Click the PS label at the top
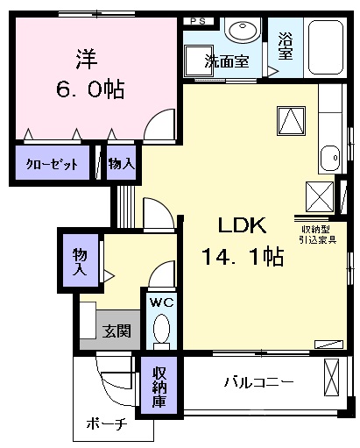[x=198, y=21]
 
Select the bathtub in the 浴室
[x=325, y=47]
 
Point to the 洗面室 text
[x=227, y=61]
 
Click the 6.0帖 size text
[x=90, y=89]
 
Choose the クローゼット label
[x=53, y=164]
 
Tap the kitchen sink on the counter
[x=330, y=158]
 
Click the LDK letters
[x=243, y=225]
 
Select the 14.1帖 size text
[x=243, y=257]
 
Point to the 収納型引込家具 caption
[x=317, y=235]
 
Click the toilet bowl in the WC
[x=161, y=331]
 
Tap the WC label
[x=162, y=302]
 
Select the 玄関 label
[x=116, y=331]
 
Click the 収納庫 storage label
[x=159, y=387]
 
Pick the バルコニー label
[x=258, y=382]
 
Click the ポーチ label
[x=107, y=424]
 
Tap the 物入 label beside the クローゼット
[x=122, y=164]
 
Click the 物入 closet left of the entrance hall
[x=81, y=261]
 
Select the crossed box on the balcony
[x=332, y=377]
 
